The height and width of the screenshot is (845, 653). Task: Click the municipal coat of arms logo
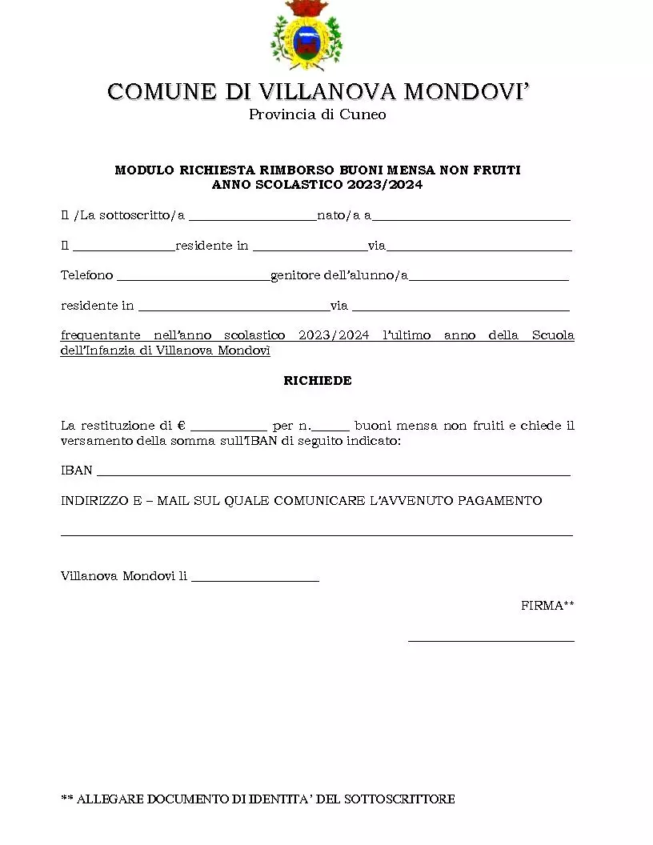coord(306,36)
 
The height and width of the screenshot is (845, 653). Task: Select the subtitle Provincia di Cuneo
coord(317,114)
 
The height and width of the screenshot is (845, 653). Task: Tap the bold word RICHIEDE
coord(317,381)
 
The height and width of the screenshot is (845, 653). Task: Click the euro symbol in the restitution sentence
coord(182,426)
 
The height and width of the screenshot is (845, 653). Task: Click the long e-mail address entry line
coord(317,534)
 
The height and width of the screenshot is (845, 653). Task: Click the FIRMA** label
coord(547,606)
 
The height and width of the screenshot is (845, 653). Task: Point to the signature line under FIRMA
coord(491,640)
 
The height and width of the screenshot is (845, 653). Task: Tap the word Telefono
coord(87,275)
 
